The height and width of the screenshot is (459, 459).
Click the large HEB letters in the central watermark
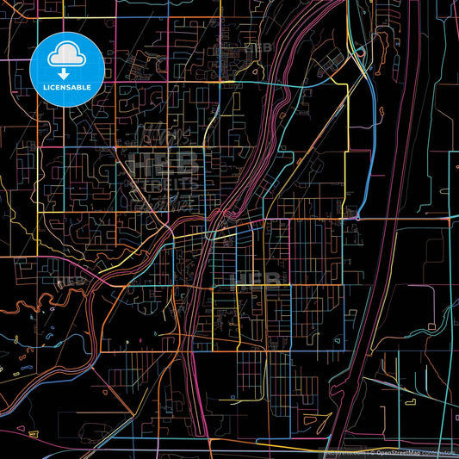(164, 161)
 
